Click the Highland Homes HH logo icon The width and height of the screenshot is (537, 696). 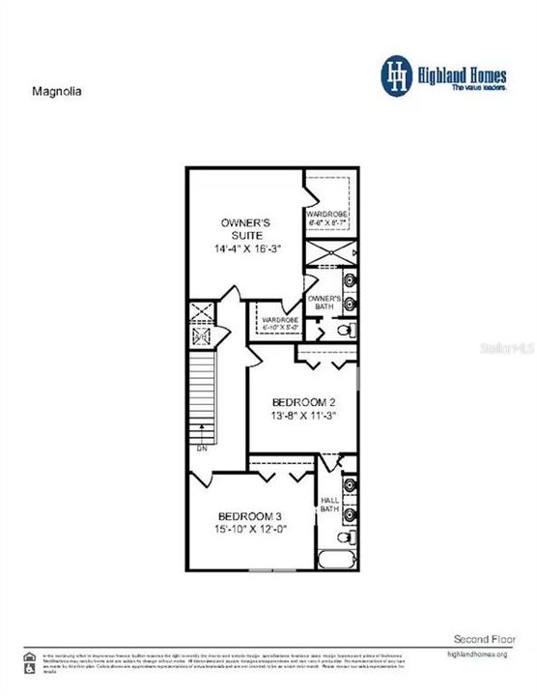394,76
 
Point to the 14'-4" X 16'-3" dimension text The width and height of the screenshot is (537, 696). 244,249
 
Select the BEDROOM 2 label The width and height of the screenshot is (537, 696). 297,402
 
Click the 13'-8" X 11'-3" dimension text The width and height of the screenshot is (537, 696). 297,419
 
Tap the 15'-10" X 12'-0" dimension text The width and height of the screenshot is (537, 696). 247,530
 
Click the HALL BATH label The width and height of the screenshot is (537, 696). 328,506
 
